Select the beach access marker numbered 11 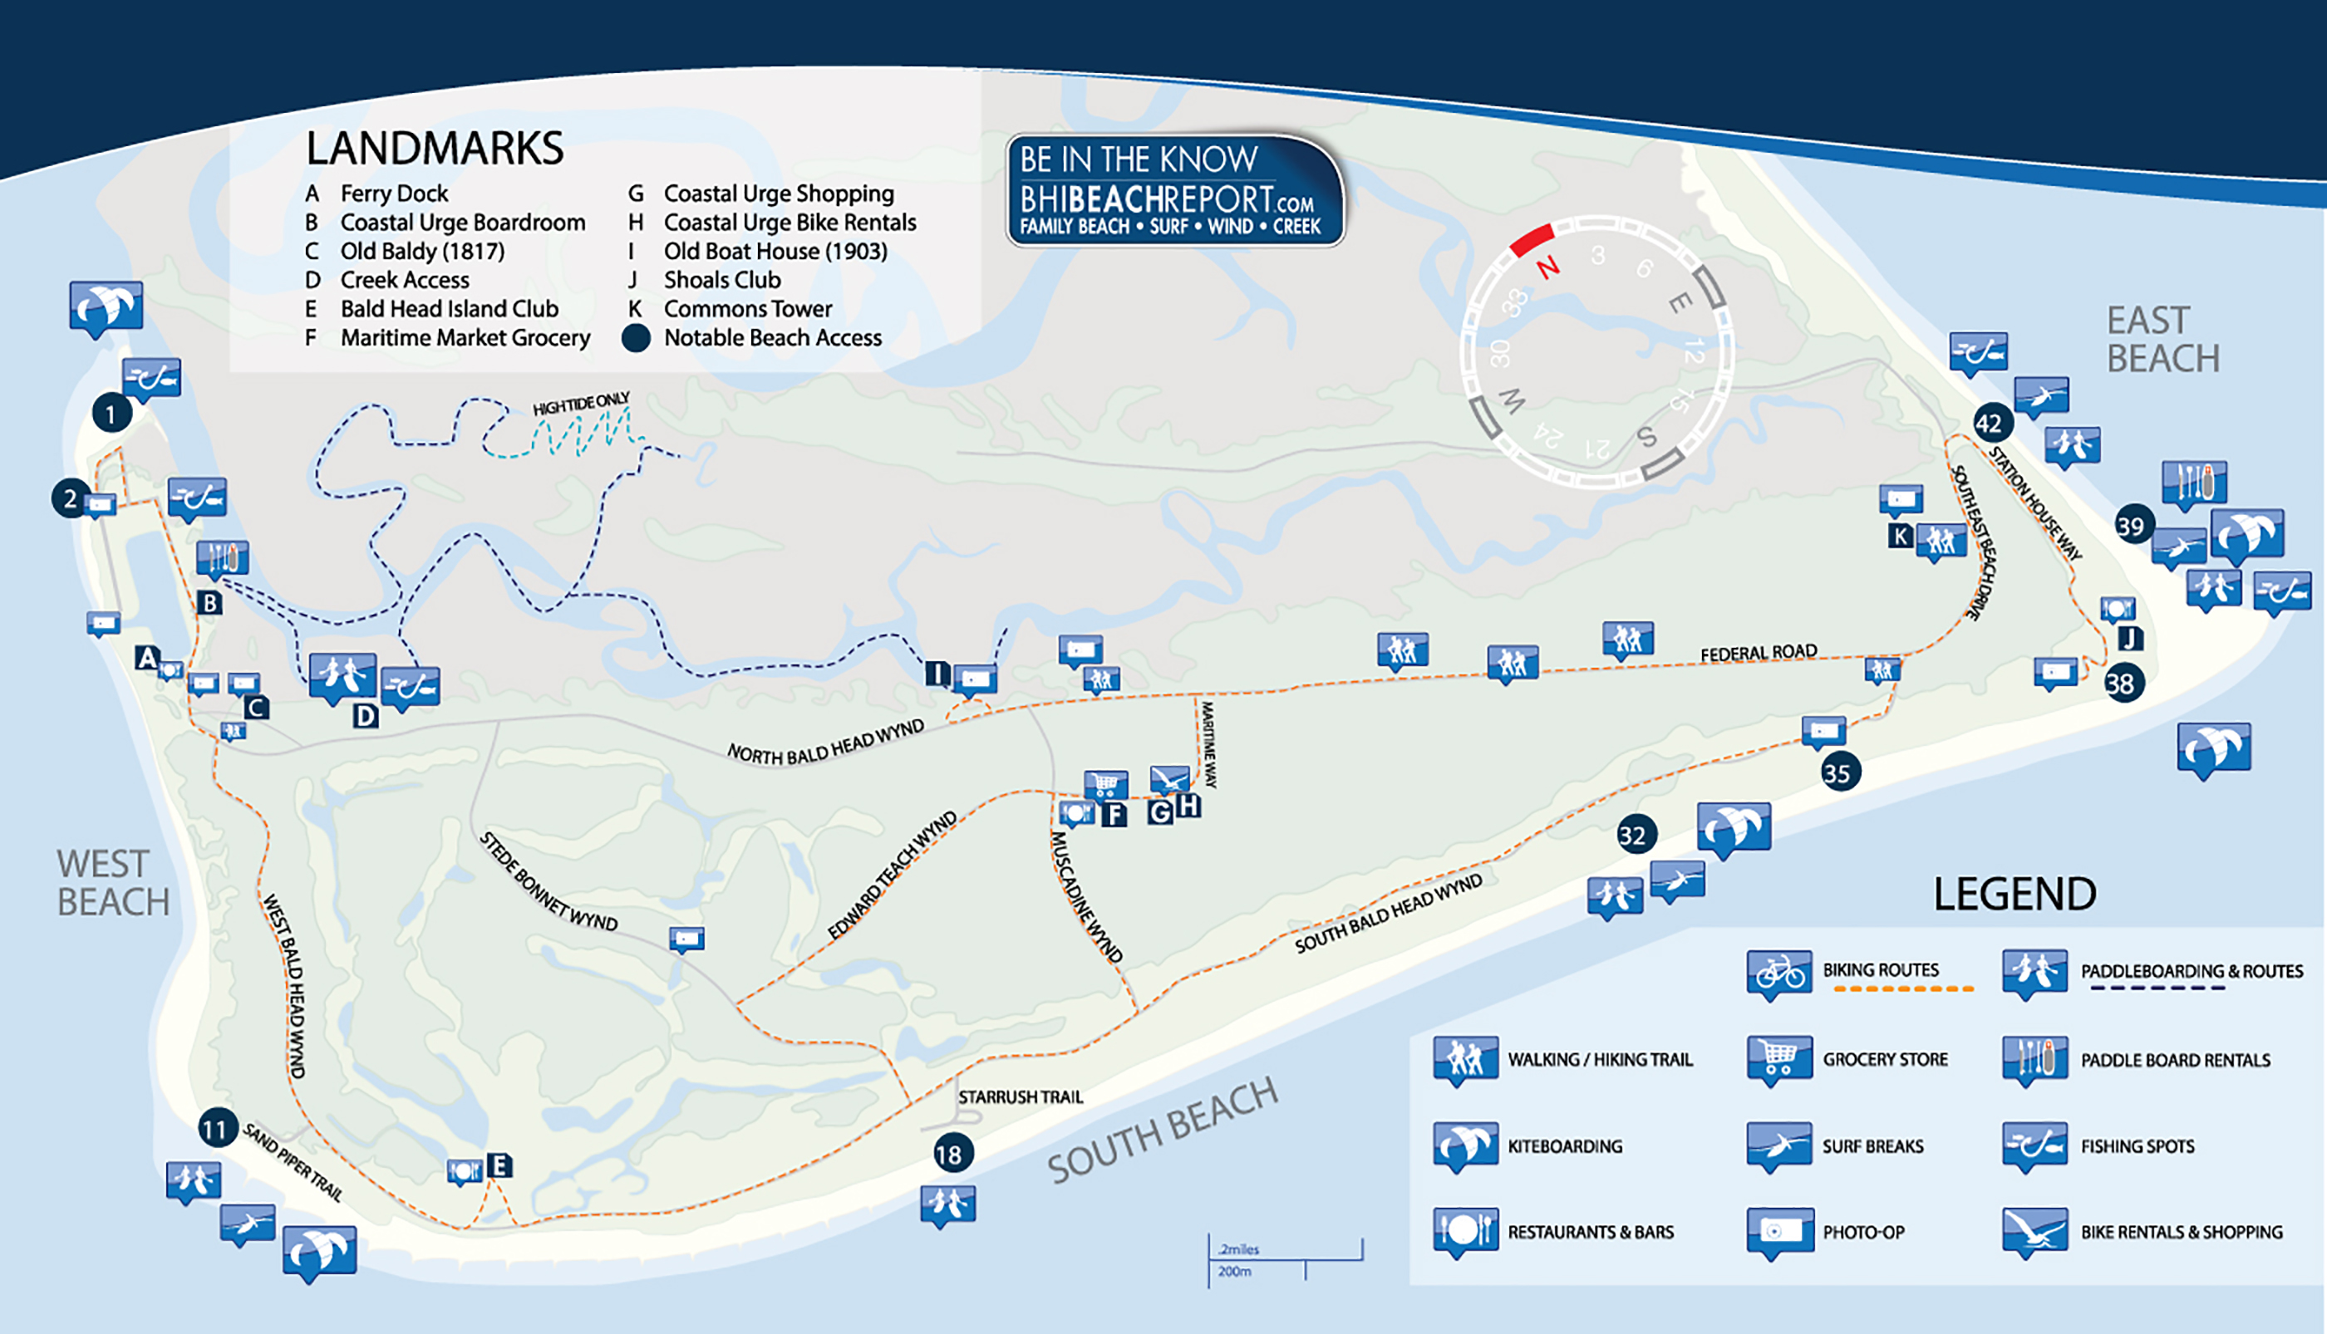(x=217, y=1128)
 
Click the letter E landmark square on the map (x=499, y=1165)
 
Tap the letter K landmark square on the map (x=1899, y=536)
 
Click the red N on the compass (x=1548, y=267)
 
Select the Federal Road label (x=1758, y=652)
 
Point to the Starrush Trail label (x=1020, y=1096)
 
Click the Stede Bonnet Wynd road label (x=548, y=881)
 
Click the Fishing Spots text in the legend (x=2137, y=1146)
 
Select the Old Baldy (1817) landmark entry (x=421, y=251)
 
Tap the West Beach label (x=113, y=883)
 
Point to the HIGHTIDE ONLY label (x=581, y=404)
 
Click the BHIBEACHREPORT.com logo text (x=1166, y=199)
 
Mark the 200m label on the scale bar (x=1233, y=1272)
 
